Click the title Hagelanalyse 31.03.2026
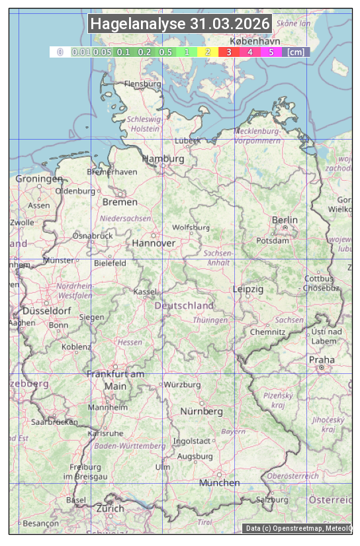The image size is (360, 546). pos(180,24)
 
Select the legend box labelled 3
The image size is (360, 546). pos(228,52)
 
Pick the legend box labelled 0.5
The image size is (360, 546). pos(165,52)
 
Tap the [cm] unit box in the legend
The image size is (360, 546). pos(296,52)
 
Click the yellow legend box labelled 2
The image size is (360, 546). pos(208,52)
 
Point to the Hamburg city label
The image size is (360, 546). pos(163,159)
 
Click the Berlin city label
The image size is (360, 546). pos(285,220)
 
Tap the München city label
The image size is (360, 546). pos(219,483)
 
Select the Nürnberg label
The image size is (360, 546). pos(202,412)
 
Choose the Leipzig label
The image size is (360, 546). pos(248,289)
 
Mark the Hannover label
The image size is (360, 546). pos(154,244)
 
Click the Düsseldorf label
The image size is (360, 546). pos(47,311)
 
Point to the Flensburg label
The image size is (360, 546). pos(143,85)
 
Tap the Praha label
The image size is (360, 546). pos(322,360)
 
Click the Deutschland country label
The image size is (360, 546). pos(184,306)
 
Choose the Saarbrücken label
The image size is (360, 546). pos(55,422)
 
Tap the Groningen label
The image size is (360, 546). pos(39,179)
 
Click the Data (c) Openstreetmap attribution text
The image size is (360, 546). pos(298,528)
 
